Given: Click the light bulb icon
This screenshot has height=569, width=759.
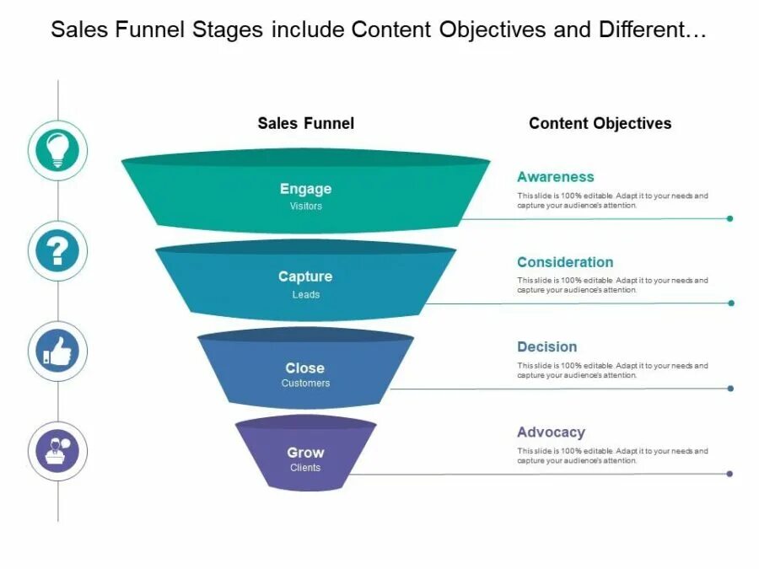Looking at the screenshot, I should pyautogui.click(x=57, y=151).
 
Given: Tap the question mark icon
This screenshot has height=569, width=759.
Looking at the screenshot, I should pyautogui.click(x=57, y=250).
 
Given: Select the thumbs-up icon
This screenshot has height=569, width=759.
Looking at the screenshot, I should pyautogui.click(x=57, y=351).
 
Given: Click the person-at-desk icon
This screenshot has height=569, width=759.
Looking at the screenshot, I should pyautogui.click(x=57, y=451).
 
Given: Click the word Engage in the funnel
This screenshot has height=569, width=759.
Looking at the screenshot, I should pyautogui.click(x=305, y=189).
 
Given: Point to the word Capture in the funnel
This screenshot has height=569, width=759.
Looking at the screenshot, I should pyautogui.click(x=305, y=276).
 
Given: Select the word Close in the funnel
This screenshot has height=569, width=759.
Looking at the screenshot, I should pyautogui.click(x=305, y=368).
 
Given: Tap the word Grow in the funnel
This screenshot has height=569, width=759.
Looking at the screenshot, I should pyautogui.click(x=305, y=453).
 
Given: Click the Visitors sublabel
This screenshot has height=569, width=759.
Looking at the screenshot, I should pyautogui.click(x=305, y=207).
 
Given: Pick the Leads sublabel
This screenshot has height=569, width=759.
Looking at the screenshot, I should pyautogui.click(x=305, y=295).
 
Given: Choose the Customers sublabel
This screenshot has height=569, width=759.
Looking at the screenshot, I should pyautogui.click(x=305, y=384).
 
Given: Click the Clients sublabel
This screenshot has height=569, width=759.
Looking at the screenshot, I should pyautogui.click(x=305, y=468).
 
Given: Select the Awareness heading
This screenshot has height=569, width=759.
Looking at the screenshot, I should pyautogui.click(x=556, y=177).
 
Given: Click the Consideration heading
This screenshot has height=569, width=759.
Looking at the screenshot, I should pyautogui.click(x=565, y=262).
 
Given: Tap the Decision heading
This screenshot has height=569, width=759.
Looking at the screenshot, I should pyautogui.click(x=547, y=346).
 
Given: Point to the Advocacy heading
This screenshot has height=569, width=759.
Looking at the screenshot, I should pyautogui.click(x=551, y=432).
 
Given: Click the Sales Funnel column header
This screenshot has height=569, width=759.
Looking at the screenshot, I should pyautogui.click(x=305, y=123).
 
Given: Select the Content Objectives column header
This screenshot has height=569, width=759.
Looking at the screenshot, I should pyautogui.click(x=600, y=123).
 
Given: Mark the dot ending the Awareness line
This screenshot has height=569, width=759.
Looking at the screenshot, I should pyautogui.click(x=729, y=218).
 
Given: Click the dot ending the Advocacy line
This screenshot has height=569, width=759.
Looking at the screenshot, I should pyautogui.click(x=729, y=474).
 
